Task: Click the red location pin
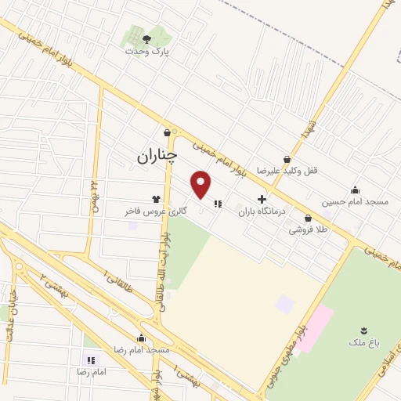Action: (x=202, y=186)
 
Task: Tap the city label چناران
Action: (x=148, y=157)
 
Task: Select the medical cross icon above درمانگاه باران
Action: (x=262, y=200)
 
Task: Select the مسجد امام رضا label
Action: (x=142, y=350)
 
